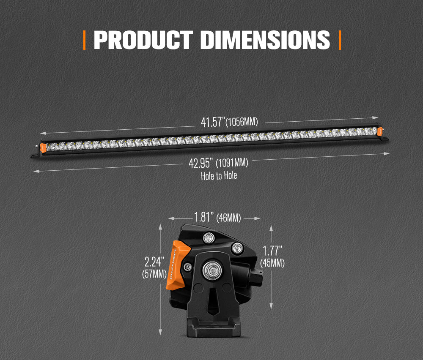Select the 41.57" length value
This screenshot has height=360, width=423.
pyautogui.click(x=212, y=122)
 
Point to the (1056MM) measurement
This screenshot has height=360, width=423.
pyautogui.click(x=242, y=123)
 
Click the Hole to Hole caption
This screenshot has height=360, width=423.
pyautogui.click(x=219, y=175)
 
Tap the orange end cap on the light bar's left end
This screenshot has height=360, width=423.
pyautogui.click(x=43, y=147)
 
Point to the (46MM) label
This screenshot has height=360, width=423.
pyautogui.click(x=228, y=218)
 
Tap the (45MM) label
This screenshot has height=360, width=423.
pyautogui.click(x=272, y=263)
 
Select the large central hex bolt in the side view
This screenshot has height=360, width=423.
pyautogui.click(x=211, y=269)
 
